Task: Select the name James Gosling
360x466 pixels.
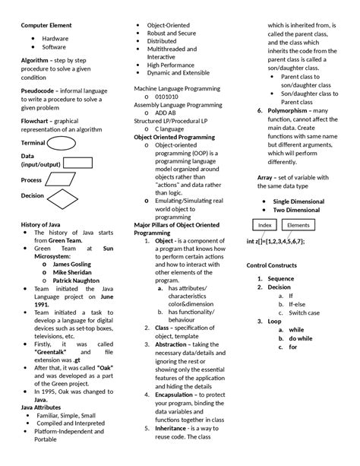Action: pyautogui.click(x=74, y=264)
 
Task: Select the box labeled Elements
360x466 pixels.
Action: pyautogui.click(x=298, y=225)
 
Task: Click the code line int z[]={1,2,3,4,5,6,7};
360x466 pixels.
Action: pyautogui.click(x=275, y=241)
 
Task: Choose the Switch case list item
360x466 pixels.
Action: pyautogui.click(x=304, y=312)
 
